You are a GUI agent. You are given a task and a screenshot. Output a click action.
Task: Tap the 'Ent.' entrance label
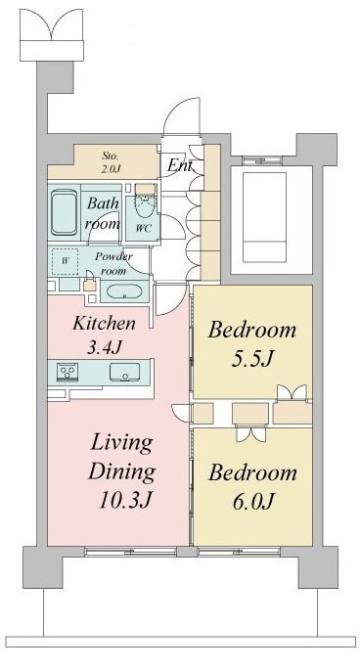click(179, 165)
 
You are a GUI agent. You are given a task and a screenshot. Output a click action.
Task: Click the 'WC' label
click(142, 228)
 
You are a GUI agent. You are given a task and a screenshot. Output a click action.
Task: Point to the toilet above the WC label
click(144, 202)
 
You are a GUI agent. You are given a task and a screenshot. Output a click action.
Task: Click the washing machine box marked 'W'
click(66, 262)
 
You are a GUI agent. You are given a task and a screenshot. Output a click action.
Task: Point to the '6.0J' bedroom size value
click(251, 502)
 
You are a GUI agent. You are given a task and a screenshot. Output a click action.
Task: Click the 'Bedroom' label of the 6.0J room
click(251, 473)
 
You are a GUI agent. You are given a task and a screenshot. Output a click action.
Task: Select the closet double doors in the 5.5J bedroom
click(291, 393)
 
